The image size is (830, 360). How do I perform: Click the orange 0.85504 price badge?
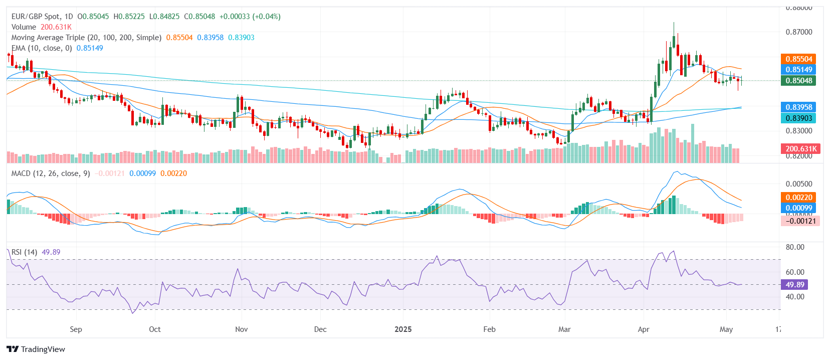coord(798,59)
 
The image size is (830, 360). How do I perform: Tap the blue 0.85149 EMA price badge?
coord(798,70)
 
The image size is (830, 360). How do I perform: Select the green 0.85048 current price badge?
coord(798,81)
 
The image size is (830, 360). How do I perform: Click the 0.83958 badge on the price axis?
coord(798,107)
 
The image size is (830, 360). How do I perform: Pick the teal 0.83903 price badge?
coord(798,118)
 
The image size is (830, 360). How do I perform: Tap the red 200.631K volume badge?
coord(800,149)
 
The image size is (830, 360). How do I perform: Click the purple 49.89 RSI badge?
coord(794,285)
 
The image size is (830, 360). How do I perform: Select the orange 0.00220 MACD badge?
coord(798,198)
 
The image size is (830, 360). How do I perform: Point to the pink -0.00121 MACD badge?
coord(800,221)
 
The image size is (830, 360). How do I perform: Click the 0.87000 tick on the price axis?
coord(798,32)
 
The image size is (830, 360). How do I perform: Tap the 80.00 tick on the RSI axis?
coord(794,247)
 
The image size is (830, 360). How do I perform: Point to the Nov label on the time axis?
coord(242,329)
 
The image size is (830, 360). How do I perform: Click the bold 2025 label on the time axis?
coord(403,329)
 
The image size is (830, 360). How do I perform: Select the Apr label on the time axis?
coord(644,329)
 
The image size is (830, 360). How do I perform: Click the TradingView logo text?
coord(36,349)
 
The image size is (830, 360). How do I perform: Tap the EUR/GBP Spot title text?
coord(35,17)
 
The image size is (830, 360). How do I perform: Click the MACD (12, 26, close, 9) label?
coord(51,173)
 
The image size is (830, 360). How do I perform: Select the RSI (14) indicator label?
coord(24,252)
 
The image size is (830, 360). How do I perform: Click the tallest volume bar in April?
coord(693,143)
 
